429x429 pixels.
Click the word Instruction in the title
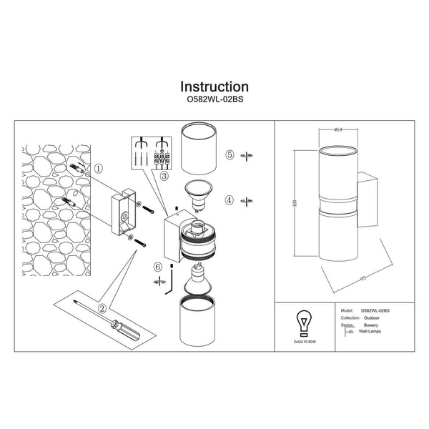click(214, 87)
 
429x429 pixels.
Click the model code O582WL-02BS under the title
click(214, 102)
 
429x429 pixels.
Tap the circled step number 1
click(99, 169)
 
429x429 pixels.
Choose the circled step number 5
click(230, 154)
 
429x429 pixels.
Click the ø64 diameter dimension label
click(338, 129)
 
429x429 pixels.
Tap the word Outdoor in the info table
click(370, 318)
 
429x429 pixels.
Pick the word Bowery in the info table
click(370, 326)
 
